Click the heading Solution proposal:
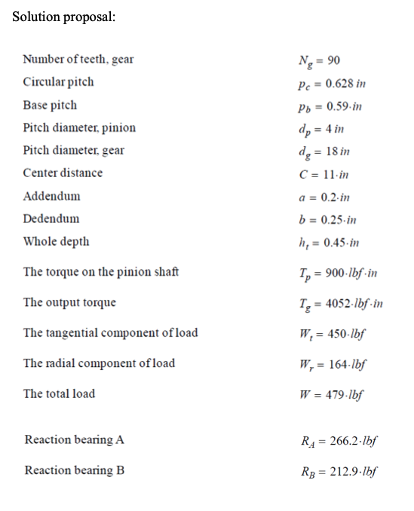[x=64, y=17]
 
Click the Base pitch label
[x=50, y=105]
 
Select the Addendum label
[x=51, y=196]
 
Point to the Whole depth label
[x=57, y=241]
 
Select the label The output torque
[x=70, y=302]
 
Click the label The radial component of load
[x=100, y=363]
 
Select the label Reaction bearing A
[x=75, y=439]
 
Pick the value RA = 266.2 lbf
[x=339, y=441]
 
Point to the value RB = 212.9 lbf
[x=339, y=472]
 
